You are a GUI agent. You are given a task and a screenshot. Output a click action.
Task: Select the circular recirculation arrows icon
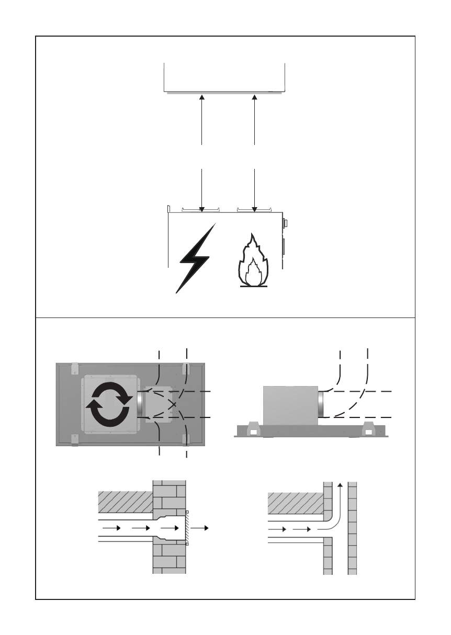tap(110, 404)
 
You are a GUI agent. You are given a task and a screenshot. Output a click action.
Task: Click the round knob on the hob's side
tap(285, 223)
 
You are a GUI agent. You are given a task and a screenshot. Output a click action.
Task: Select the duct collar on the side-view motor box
tap(321, 404)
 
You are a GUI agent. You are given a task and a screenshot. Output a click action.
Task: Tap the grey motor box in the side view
tap(290, 404)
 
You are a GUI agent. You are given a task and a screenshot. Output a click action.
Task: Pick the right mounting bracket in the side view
tap(368, 430)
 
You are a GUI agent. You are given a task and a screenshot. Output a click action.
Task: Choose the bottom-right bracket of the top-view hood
tap(185, 440)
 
